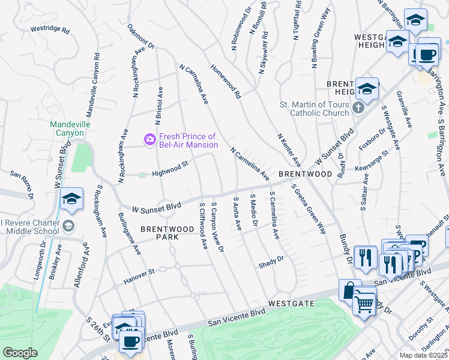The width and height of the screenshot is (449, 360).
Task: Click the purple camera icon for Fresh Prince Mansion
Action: point(149,139)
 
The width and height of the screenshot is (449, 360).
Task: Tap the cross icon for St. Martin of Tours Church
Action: point(358,108)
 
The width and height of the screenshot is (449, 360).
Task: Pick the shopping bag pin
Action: point(350,290)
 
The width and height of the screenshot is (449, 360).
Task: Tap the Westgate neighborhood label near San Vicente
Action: point(291,304)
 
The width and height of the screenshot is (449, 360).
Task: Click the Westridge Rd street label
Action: point(50,29)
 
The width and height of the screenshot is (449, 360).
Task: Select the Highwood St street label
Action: point(170,164)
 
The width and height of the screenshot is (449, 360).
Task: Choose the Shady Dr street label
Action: point(271,262)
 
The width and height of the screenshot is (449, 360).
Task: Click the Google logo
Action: point(20,353)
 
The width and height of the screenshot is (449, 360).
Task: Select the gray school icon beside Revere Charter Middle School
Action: point(69,226)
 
